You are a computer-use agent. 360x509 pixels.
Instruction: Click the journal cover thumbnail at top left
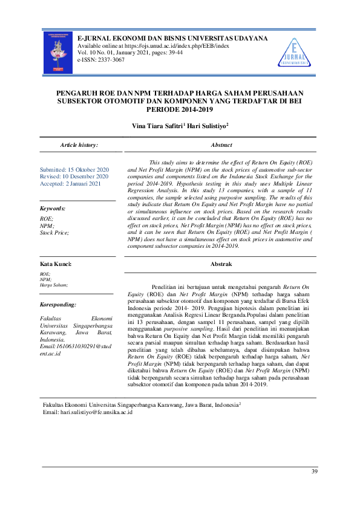(x=59, y=53)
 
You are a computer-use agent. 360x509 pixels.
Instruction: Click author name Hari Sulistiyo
(x=206, y=126)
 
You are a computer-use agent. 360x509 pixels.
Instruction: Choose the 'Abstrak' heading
(x=221, y=264)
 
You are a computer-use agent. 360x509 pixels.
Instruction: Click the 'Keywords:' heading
(x=53, y=208)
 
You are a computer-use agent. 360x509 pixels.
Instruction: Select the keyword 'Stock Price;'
(x=54, y=232)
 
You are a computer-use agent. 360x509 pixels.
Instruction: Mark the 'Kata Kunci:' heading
(x=56, y=264)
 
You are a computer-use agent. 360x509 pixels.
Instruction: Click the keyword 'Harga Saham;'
(x=53, y=284)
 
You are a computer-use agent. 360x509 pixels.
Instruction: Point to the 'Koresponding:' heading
(x=57, y=305)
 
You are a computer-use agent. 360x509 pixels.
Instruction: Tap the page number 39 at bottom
(x=313, y=472)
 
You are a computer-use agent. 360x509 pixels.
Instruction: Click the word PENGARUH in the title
(x=75, y=94)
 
